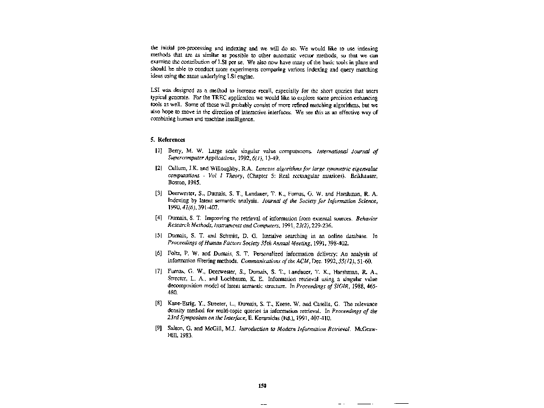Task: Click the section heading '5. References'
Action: pos(168,140)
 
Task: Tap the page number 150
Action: pos(262,386)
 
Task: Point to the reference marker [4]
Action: pos(158,218)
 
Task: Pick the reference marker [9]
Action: pos(158,329)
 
